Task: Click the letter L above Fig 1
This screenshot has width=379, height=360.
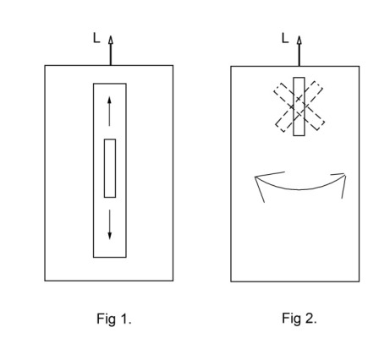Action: pos(96,38)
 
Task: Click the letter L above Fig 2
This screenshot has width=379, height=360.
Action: pos(285,38)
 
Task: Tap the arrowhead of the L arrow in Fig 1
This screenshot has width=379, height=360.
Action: pos(111,40)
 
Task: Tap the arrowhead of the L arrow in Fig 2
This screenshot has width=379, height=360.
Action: pos(299,40)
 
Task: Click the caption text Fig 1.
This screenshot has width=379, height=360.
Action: pos(114,319)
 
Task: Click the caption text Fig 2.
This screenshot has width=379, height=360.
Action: pos(299,319)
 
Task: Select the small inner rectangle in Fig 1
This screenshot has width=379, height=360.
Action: pos(110,168)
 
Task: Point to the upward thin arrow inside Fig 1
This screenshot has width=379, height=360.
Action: pos(110,112)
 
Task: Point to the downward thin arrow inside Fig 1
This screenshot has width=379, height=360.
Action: pos(110,225)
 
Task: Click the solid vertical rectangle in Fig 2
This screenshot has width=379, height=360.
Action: pos(299,106)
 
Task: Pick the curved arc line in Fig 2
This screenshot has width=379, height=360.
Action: pos(299,189)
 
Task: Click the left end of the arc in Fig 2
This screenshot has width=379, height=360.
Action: pos(255,177)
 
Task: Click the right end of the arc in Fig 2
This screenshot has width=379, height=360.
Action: pos(344,175)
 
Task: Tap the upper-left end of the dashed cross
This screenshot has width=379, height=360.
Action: pos(278,87)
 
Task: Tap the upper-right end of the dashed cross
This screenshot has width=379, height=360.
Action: pos(318,85)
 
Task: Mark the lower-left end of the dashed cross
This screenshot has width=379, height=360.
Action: pos(280,128)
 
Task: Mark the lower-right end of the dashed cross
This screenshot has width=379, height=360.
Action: pos(320,126)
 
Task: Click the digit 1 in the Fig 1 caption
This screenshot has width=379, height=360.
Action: pos(123,319)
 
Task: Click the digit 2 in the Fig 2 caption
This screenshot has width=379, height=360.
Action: pos(309,319)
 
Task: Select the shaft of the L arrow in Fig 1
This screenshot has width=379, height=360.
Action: pos(111,55)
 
